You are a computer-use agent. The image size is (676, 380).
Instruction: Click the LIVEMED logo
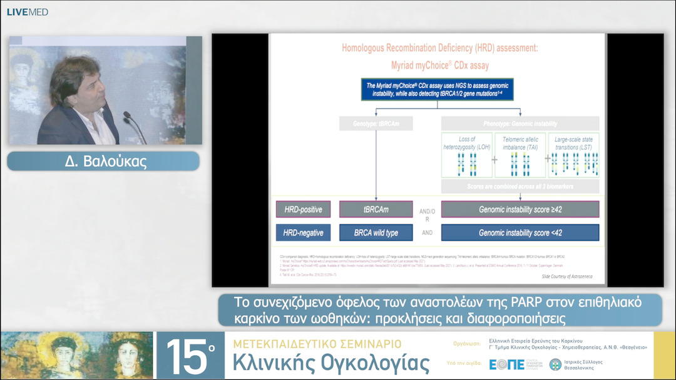pos(28,12)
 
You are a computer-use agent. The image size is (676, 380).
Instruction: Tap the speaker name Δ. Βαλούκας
pos(103,161)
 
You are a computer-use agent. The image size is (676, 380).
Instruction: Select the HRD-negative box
pos(303,233)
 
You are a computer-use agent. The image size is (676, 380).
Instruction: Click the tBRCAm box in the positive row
pos(376,209)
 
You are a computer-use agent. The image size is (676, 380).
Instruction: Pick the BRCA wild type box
pos(376,233)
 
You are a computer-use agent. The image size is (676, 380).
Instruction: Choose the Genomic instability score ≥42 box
pos(520,209)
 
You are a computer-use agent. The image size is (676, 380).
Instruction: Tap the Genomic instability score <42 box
pos(520,233)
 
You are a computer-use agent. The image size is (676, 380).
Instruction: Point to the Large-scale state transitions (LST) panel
pos(573,156)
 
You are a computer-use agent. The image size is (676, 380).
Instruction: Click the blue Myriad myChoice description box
pos(438,90)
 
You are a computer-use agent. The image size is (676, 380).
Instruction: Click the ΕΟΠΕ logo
pos(506,364)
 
